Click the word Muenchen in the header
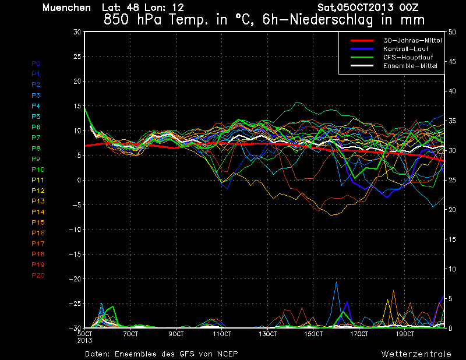point(66,8)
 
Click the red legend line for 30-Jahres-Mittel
point(362,40)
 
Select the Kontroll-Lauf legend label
point(405,49)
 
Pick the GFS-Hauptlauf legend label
point(408,57)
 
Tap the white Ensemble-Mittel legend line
point(362,66)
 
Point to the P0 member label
point(36,63)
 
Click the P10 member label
point(38,170)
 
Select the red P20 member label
point(38,276)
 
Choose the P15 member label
point(38,223)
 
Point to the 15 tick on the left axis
point(77,106)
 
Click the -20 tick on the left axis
point(75,279)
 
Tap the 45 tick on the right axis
point(452,62)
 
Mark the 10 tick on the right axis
point(452,269)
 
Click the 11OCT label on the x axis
point(222,334)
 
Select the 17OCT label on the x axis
point(359,334)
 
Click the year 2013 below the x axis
point(84,341)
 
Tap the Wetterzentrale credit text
point(416,354)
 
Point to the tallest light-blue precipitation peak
point(337,282)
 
